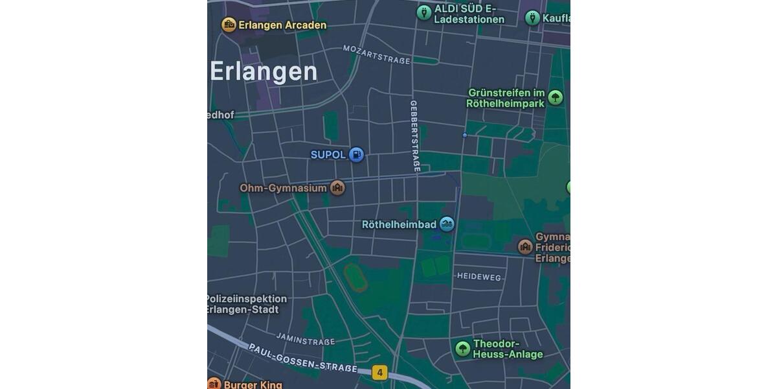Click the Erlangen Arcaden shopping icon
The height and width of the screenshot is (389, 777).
tap(229, 25)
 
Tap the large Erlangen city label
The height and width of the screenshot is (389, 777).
tap(264, 71)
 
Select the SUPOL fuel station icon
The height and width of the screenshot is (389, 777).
tap(356, 154)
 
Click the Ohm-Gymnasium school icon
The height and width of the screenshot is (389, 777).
tap(337, 188)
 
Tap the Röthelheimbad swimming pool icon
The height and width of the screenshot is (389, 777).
tap(447, 224)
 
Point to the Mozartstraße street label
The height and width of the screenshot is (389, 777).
tap(377, 55)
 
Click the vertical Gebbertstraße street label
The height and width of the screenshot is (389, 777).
tap(415, 136)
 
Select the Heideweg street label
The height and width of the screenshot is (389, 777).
tap(479, 277)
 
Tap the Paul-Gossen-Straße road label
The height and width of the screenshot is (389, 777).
tap(302, 357)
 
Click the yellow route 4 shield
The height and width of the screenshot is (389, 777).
tap(379, 373)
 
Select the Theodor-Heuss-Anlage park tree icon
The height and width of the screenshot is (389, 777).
tap(462, 349)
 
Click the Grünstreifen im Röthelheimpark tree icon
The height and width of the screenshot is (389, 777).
tap(555, 98)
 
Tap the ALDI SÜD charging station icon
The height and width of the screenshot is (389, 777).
tap(423, 12)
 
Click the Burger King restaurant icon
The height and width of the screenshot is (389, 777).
tap(214, 384)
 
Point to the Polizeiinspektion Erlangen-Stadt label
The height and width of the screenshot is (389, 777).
tap(246, 304)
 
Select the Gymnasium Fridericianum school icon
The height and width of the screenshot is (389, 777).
tap(525, 246)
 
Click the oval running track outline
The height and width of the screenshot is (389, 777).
tap(355, 277)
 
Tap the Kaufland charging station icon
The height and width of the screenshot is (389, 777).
tap(532, 18)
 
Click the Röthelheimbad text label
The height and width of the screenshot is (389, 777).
tap(399, 225)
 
